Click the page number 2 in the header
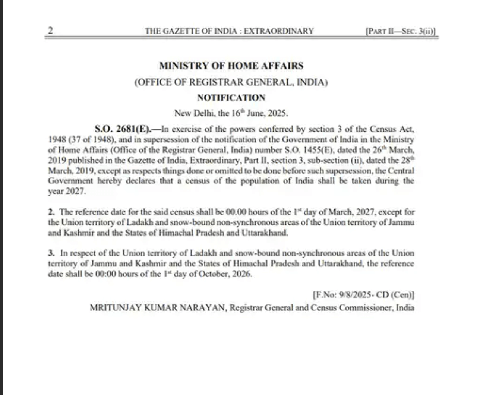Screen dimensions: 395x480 [50, 31]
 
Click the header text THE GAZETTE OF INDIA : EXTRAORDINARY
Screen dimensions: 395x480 [229, 31]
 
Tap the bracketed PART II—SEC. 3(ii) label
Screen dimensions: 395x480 [401, 31]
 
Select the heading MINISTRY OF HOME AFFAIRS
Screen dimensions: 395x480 [231, 66]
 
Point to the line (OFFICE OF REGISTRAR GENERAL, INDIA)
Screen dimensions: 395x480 [231, 82]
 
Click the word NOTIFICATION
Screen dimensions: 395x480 [231, 98]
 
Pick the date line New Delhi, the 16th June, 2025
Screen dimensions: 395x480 [231, 113]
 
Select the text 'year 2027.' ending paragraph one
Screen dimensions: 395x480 [67, 192]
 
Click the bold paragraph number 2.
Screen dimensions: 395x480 [51, 212]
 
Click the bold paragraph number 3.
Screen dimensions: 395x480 [51, 253]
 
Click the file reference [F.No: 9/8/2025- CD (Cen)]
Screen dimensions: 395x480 [363, 295]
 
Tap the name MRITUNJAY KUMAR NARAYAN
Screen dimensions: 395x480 [158, 308]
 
